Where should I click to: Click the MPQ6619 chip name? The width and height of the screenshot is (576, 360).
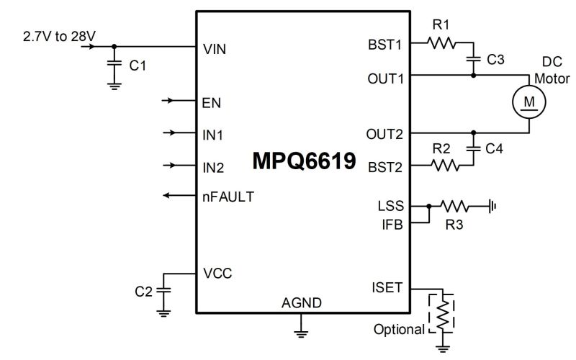pos(304,161)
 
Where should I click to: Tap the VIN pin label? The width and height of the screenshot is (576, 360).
pos(215,49)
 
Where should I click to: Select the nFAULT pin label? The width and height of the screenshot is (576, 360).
pos(228,197)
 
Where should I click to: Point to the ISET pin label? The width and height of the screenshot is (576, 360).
pos(387,287)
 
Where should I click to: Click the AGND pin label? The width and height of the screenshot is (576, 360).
pos(302,302)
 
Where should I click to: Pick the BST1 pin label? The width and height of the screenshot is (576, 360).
pos(385,45)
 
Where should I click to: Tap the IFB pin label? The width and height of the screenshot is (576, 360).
pos(392,225)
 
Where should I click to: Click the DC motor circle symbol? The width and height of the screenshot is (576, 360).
pos(529,102)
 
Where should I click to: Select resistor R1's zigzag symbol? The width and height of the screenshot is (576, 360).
pos(441,43)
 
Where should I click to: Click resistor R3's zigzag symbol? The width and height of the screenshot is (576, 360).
pos(454,207)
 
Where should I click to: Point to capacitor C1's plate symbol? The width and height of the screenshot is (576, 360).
pos(114,63)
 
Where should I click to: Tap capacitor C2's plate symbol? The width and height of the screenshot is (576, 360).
pos(163,290)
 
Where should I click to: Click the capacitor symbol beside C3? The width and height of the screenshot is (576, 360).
pos(474,58)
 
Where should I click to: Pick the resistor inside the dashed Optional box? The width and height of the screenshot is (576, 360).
pos(443,314)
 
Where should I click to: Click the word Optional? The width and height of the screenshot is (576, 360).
pos(399,330)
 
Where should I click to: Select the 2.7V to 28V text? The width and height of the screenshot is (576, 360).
pos(59,37)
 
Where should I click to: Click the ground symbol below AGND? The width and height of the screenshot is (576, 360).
pos(301,333)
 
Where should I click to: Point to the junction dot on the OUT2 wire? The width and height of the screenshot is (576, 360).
pos(474,132)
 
